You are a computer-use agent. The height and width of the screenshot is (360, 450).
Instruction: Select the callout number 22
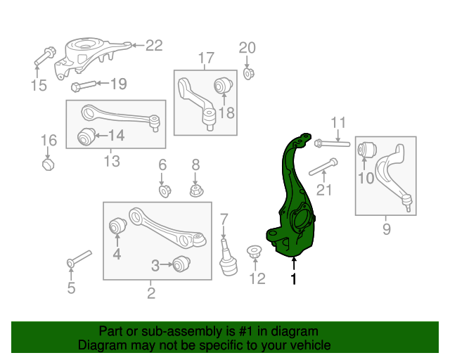tap(154, 46)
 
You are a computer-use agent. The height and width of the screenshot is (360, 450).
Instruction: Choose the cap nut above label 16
tap(48, 165)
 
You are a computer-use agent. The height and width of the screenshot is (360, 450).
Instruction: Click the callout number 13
tap(112, 162)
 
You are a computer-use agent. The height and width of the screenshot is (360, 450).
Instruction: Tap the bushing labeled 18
tap(223, 86)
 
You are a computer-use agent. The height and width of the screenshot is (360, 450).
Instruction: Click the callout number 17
tap(205, 58)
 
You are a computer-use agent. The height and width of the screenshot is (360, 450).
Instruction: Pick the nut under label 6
tap(163, 190)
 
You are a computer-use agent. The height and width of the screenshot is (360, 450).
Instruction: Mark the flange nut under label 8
tap(196, 190)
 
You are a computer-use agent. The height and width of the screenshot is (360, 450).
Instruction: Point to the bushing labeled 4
tap(117, 226)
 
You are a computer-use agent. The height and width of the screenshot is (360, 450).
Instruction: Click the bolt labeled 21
tap(323, 167)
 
